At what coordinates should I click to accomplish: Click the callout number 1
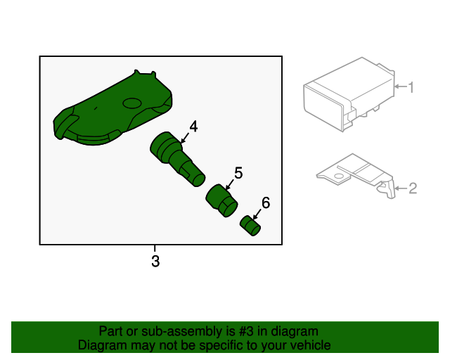tap(411, 87)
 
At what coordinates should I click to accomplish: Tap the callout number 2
tap(413, 188)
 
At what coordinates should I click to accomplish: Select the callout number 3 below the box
tap(155, 262)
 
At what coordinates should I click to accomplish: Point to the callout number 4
tap(193, 127)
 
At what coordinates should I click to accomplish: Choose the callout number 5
tap(238, 173)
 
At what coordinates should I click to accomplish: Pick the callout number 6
tap(266, 203)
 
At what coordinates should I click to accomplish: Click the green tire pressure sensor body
tap(112, 109)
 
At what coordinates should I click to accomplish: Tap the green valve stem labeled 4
tap(176, 159)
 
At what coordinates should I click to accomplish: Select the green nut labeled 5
tap(221, 200)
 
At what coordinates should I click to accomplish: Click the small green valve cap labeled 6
tap(250, 226)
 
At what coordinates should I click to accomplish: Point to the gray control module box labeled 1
tap(349, 94)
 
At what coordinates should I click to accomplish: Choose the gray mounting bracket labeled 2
tap(356, 175)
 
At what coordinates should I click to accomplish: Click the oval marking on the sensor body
tap(132, 103)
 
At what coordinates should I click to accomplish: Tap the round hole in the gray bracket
tap(339, 176)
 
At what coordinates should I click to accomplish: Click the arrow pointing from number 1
tap(401, 86)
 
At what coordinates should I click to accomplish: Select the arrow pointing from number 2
tap(401, 188)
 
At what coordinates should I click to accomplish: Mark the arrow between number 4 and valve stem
tap(184, 138)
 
